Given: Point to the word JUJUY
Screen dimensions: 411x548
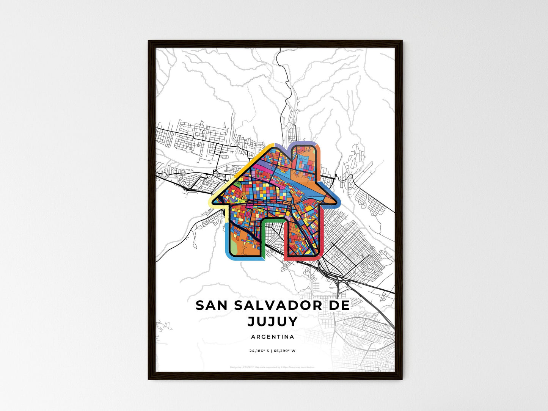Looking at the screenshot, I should pyautogui.click(x=273, y=321).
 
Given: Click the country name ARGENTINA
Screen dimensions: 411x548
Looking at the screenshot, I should pyautogui.click(x=272, y=337).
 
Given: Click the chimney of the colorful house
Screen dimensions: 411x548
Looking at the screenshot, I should pyautogui.click(x=306, y=159).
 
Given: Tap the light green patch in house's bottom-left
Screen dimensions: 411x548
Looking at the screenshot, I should pyautogui.click(x=243, y=250).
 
